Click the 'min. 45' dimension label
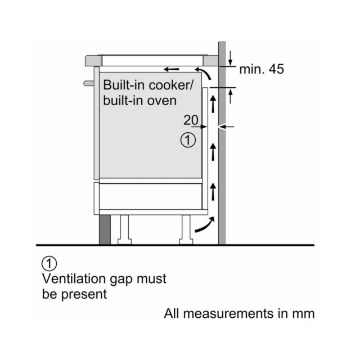[262, 69]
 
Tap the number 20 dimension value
[191, 120]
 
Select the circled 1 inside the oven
[188, 140]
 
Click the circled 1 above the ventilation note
[49, 264]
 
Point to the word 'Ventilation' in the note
[74, 278]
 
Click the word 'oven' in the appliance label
[161, 101]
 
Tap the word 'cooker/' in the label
[171, 85]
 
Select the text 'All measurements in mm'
[239, 313]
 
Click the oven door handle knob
[89, 83]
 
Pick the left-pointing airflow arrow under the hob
[171, 69]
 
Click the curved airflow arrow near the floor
[205, 225]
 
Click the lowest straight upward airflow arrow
[213, 191]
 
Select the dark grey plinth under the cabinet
[105, 230]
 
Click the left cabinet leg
[124, 229]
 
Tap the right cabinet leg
[186, 229]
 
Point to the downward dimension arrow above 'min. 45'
[230, 58]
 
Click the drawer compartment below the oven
[150, 196]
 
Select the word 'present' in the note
[84, 295]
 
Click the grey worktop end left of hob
[93, 61]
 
